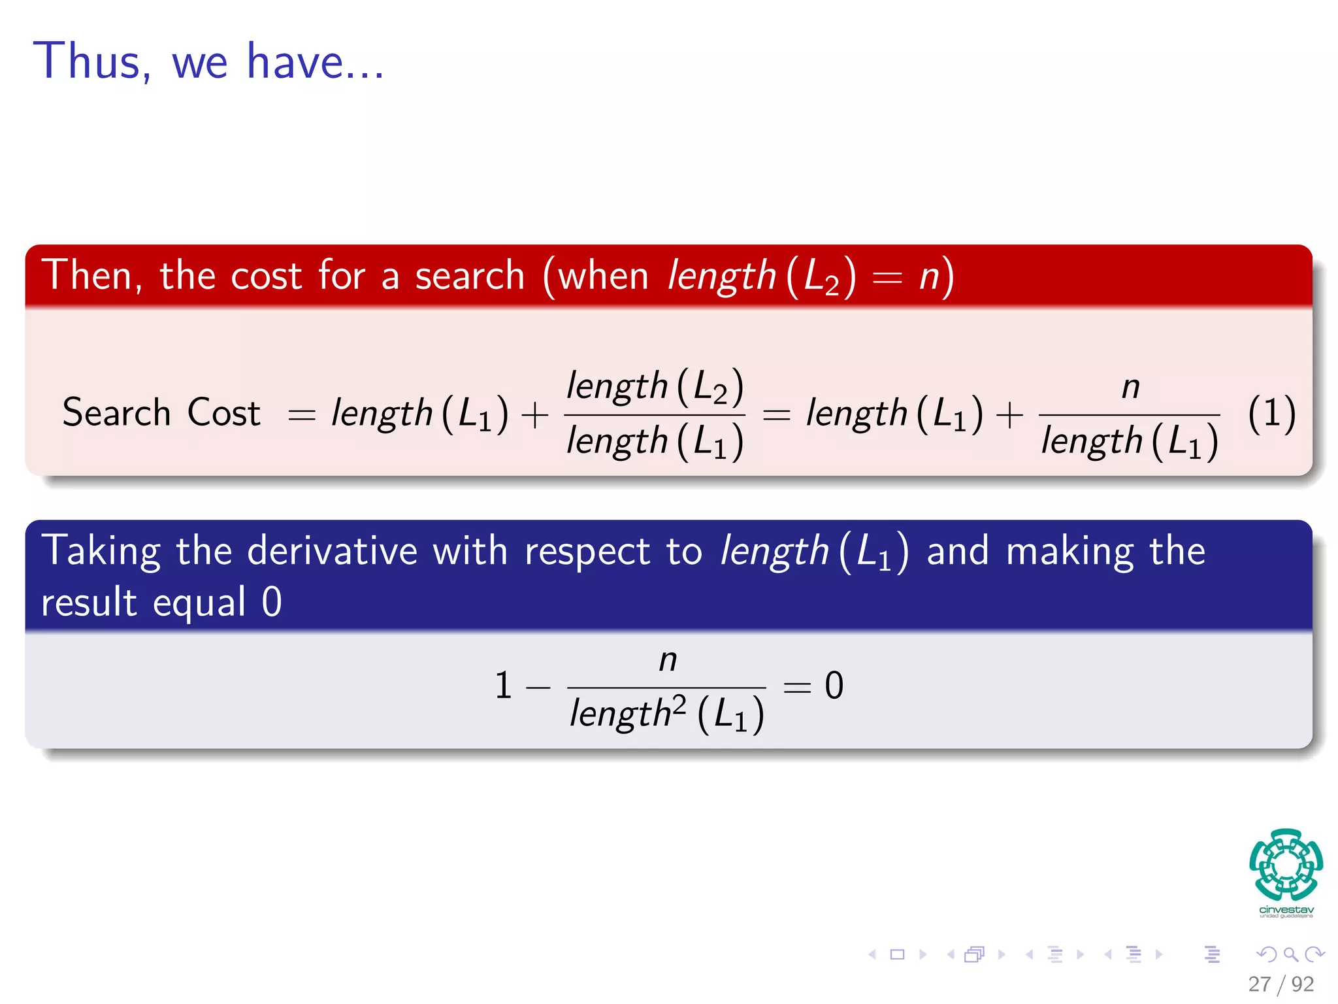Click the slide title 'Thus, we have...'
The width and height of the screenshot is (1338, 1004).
click(208, 61)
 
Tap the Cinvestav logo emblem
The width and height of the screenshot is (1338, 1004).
click(1286, 864)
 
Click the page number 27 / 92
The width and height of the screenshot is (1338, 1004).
click(1281, 984)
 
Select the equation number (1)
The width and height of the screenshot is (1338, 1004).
click(1271, 414)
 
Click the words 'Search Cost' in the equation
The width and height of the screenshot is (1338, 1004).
click(161, 413)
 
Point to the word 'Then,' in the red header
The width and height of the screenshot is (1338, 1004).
click(92, 275)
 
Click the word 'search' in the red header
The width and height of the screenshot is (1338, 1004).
click(470, 275)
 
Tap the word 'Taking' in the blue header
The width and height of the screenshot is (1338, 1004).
click(101, 551)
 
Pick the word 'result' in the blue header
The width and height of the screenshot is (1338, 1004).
click(89, 602)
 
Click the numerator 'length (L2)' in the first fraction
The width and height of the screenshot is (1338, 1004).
click(655, 386)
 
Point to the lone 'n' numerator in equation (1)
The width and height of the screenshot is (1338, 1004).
click(1130, 388)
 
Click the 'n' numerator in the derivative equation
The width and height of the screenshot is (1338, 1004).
click(667, 660)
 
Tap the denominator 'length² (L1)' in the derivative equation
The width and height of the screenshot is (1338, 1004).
click(666, 713)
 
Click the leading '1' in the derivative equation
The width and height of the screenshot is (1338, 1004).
click(503, 686)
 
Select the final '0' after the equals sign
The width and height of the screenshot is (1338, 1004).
click(834, 686)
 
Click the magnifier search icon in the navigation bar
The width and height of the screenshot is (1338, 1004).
click(1290, 954)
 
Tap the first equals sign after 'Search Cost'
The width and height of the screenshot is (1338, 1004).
click(302, 415)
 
